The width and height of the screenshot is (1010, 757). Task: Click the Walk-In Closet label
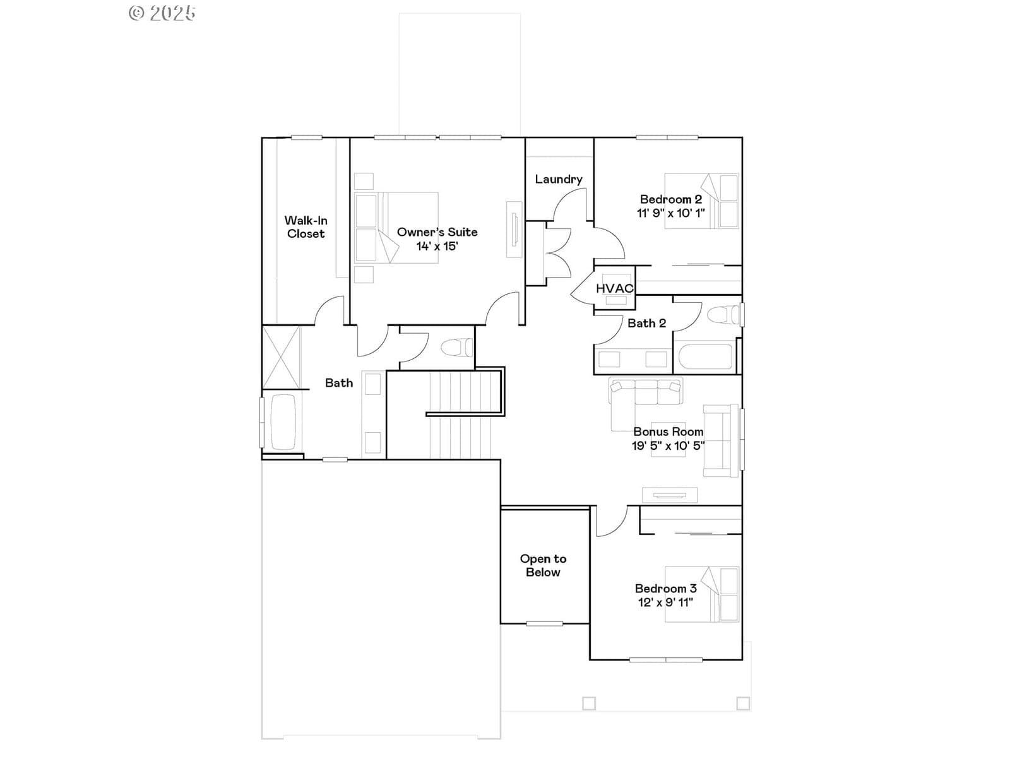pyautogui.click(x=306, y=227)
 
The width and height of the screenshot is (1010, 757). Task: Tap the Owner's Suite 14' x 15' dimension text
pyautogui.click(x=437, y=246)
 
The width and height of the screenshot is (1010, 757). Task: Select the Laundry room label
pyautogui.click(x=558, y=179)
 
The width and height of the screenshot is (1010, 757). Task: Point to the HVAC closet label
pyautogui.click(x=614, y=288)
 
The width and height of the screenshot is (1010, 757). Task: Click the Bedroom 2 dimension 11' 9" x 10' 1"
pyautogui.click(x=670, y=213)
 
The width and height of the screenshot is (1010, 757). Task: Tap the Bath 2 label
pyautogui.click(x=646, y=323)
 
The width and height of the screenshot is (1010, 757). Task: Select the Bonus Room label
pyautogui.click(x=668, y=431)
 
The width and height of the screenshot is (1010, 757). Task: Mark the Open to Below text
pyautogui.click(x=543, y=565)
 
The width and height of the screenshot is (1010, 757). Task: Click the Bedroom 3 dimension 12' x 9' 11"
pyautogui.click(x=665, y=602)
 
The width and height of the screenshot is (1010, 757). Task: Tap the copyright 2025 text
pyautogui.click(x=162, y=13)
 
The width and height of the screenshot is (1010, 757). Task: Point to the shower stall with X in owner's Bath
pyautogui.click(x=281, y=357)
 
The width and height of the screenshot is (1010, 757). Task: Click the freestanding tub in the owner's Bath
pyautogui.click(x=283, y=422)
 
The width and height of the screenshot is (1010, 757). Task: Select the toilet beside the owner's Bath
pyautogui.click(x=457, y=347)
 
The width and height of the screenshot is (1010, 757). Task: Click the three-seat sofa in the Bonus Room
pyautogui.click(x=646, y=390)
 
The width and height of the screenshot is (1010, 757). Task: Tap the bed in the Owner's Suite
pyautogui.click(x=396, y=228)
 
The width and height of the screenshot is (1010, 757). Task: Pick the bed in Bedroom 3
pyautogui.click(x=702, y=594)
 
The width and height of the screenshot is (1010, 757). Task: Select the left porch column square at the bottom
pyautogui.click(x=589, y=703)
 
